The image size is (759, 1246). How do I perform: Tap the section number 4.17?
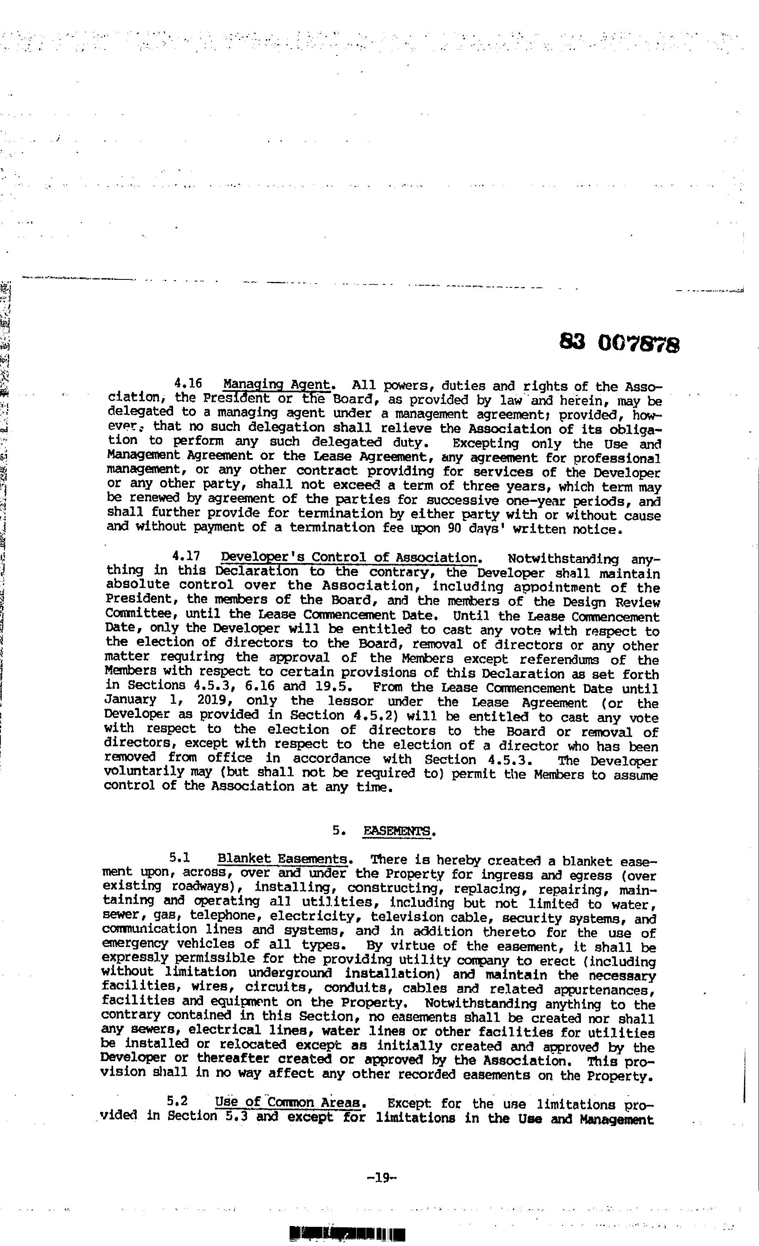click(x=186, y=556)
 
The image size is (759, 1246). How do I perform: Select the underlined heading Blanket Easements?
click(x=282, y=859)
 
